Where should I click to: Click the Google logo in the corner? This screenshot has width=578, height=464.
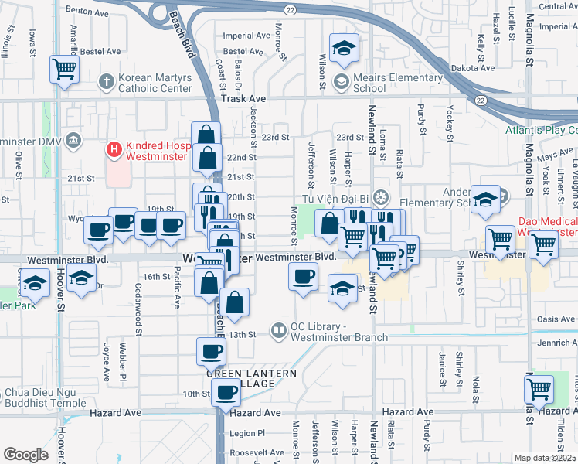click(x=25, y=455)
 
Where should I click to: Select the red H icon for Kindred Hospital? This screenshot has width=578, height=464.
click(x=114, y=149)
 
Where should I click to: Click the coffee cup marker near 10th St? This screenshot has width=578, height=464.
click(x=226, y=391)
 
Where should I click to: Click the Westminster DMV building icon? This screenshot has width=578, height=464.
click(x=73, y=141)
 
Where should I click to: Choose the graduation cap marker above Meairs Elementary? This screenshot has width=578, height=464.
click(x=344, y=48)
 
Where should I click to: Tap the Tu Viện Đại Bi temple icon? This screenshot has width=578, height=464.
click(x=379, y=197)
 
